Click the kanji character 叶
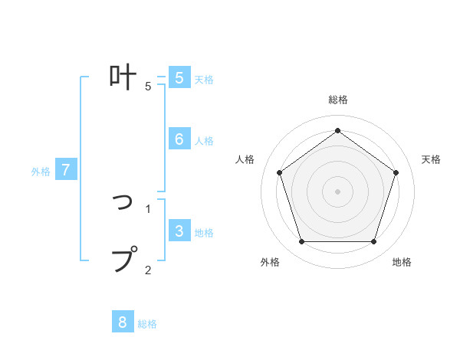[123, 77]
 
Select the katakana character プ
[125, 259]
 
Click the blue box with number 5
[179, 78]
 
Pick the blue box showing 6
[179, 139]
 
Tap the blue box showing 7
[66, 170]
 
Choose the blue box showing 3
[179, 231]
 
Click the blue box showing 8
[123, 322]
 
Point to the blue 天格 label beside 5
[204, 80]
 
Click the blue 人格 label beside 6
[204, 141]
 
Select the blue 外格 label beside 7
[41, 172]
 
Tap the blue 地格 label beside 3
[204, 233]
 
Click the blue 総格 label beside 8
[147, 324]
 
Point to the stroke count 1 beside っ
[148, 208]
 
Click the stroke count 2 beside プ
[148, 269]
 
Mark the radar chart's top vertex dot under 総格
[337, 130]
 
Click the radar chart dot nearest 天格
[396, 172]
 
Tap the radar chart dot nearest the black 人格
[279, 172]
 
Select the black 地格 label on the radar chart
[402, 262]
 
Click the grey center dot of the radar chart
[337, 191]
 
